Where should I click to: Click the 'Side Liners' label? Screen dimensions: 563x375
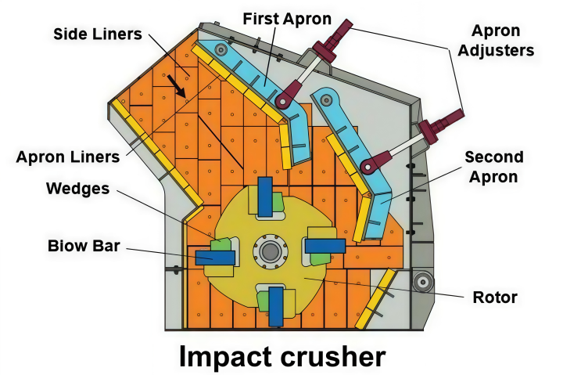coord(98,34)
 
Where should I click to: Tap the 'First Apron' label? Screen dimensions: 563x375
coord(287,19)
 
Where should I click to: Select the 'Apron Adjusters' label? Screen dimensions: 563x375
coord(496,40)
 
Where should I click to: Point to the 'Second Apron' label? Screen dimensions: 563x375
coord(494,167)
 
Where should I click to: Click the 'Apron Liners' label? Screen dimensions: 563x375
coord(68,157)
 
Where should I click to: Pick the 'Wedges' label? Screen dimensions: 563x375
coord(78,189)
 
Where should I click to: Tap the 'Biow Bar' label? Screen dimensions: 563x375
coord(84,246)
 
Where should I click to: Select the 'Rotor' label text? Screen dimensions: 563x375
coord(495,297)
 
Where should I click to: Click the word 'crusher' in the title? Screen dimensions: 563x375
coord(333,356)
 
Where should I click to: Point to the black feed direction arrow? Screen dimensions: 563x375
coord(177,86)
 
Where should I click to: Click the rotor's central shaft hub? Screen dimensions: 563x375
coord(270,251)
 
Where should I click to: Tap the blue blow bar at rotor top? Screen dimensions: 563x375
coord(265,197)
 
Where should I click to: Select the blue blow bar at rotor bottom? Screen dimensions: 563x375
coord(276,306)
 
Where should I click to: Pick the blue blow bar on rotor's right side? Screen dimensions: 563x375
coord(325,247)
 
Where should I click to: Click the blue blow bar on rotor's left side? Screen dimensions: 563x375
coord(215,258)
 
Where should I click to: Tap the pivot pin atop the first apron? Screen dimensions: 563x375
coord(221,49)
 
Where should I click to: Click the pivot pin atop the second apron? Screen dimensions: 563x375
coord(326,99)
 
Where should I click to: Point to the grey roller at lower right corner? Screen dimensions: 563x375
coord(423,282)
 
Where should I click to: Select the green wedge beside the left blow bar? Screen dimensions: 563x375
coord(221,244)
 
